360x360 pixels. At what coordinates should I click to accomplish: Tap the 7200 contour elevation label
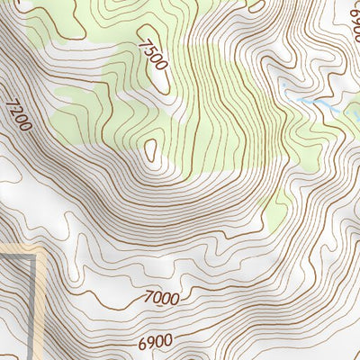(17, 114)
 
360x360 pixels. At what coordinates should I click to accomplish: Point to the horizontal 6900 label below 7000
(155, 343)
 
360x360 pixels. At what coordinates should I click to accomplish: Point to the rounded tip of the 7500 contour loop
(165, 86)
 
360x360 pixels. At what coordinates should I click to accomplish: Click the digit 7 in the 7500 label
(145, 41)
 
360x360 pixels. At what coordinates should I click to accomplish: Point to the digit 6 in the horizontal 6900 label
(142, 344)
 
